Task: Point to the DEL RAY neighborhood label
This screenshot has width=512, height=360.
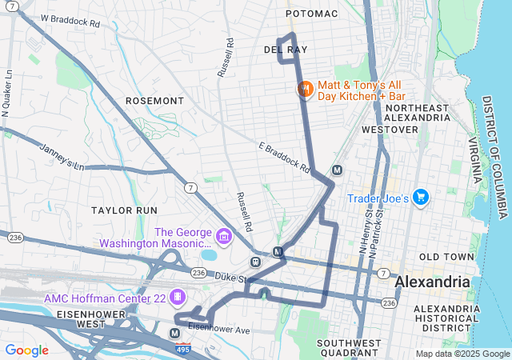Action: click(286, 50)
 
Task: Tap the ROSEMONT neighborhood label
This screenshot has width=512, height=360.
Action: click(154, 101)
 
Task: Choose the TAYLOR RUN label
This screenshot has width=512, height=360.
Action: click(124, 210)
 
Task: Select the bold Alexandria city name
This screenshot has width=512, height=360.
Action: click(433, 282)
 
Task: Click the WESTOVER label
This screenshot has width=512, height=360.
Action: click(390, 129)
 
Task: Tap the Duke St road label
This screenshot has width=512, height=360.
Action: click(230, 276)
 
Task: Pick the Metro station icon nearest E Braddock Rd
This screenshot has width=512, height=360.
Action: click(337, 170)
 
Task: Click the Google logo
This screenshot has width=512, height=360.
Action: click(27, 350)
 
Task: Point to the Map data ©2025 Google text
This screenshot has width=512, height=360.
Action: click(462, 354)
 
